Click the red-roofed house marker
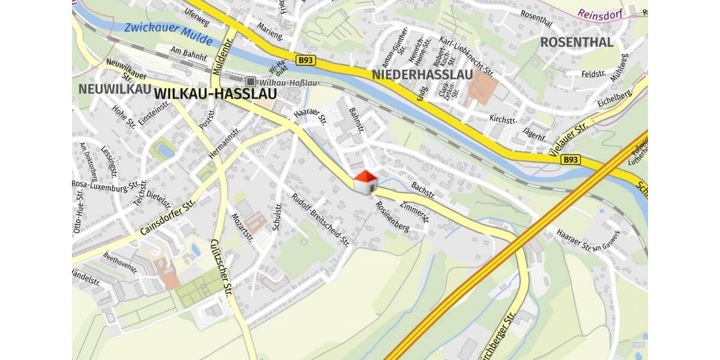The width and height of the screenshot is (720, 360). click(365, 182)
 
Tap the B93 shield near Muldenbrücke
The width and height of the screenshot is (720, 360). click(305, 60)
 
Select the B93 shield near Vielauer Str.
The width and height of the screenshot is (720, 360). click(571, 160)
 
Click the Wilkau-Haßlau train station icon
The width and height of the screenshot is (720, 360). click(250, 82)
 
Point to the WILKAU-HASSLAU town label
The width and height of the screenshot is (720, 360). click(215, 94)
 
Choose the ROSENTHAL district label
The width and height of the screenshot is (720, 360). click(577, 42)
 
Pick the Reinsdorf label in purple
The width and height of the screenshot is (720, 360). click(600, 13)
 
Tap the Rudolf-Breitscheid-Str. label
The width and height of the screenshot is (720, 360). click(320, 220)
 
